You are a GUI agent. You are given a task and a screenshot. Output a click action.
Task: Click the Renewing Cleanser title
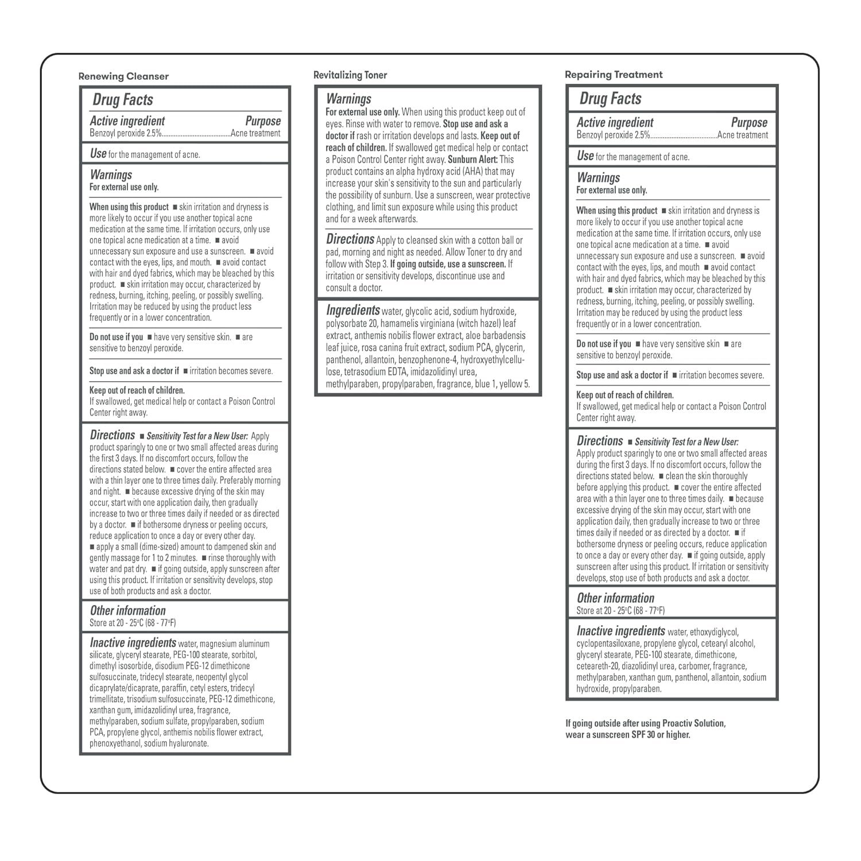[123, 76]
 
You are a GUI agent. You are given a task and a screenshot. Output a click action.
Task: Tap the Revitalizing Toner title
[350, 75]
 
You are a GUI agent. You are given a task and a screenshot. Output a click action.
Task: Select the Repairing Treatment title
[614, 75]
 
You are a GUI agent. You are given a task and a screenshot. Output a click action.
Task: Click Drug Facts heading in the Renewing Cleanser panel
[123, 100]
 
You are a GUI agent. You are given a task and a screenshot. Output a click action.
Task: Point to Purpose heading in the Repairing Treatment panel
[749, 123]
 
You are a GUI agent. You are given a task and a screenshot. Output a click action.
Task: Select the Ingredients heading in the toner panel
[353, 311]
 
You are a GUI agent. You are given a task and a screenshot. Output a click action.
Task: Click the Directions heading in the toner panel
[350, 239]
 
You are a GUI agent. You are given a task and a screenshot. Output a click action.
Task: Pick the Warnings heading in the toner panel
[348, 99]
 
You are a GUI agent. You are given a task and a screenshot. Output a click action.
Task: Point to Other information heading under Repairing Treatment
[615, 598]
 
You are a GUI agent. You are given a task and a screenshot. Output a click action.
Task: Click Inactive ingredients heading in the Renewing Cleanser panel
[133, 643]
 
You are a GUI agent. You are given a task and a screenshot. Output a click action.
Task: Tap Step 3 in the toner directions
[377, 264]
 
